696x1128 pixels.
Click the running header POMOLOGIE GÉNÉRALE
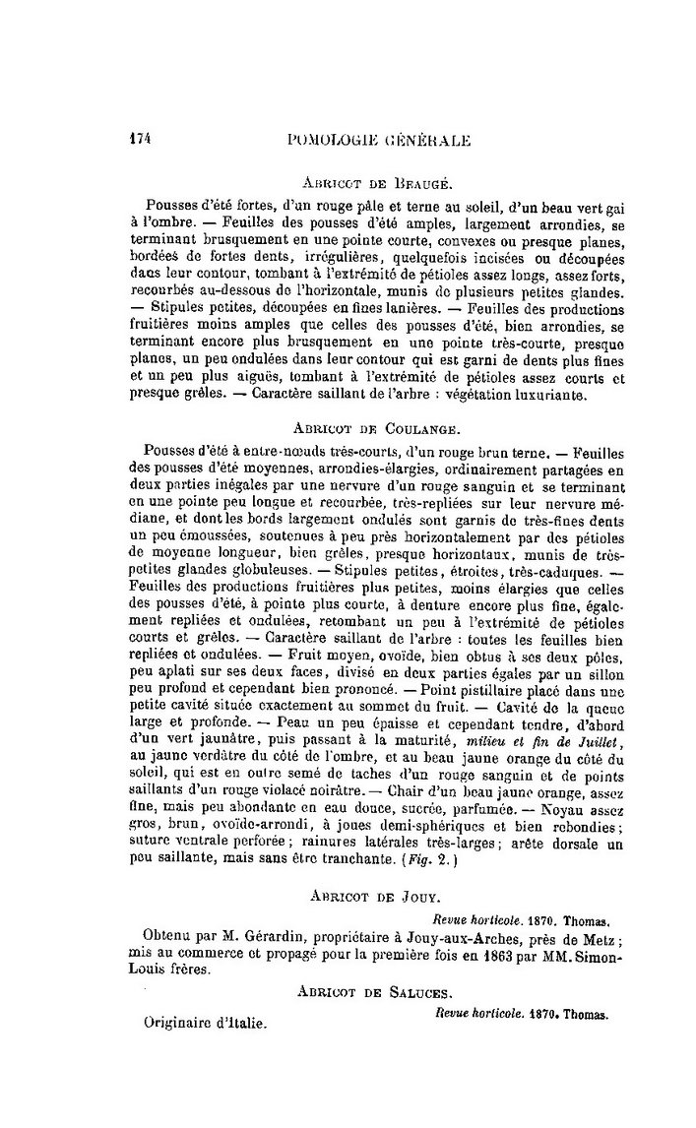coord(376,140)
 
